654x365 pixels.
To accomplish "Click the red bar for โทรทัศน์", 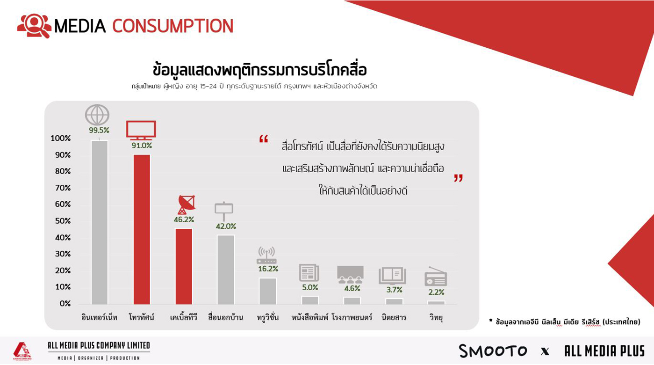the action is pos(142,229).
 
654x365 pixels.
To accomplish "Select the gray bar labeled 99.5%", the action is pos(100,222).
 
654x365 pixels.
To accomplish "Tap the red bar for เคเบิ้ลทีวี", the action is pos(184,266).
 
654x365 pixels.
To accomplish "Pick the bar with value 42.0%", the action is pos(226,270).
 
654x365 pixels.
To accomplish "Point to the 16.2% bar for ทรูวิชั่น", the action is pos(268,291).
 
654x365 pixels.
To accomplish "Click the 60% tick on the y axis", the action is pos(63,204).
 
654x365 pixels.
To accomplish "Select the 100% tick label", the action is pos(61,138).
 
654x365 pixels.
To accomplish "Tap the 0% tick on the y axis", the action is pos(65,303).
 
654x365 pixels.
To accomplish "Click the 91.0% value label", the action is pos(142,145).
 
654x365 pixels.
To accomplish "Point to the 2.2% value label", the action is pos(436,292).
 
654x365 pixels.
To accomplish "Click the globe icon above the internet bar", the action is pos(97,115).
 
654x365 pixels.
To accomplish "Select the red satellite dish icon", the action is pos(186,205).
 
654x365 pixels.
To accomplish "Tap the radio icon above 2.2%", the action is pos(436,277).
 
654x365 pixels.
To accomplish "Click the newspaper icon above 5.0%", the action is pos(309,273).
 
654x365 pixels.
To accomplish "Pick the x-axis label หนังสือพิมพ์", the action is pos(310,317).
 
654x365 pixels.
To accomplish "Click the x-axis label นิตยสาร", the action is pos(394,317).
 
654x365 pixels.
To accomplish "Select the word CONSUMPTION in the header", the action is pos(173,26).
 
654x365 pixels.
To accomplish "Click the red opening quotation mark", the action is pos(264,139).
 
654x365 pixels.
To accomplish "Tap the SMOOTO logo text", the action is pos(493,350).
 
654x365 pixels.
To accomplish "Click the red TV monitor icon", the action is pos(141,130).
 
